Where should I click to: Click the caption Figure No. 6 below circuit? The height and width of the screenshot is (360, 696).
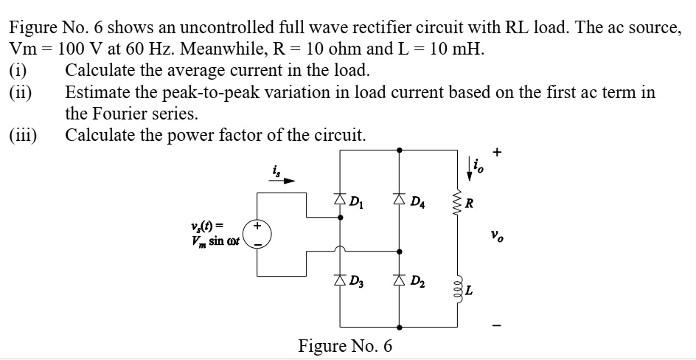(345, 345)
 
